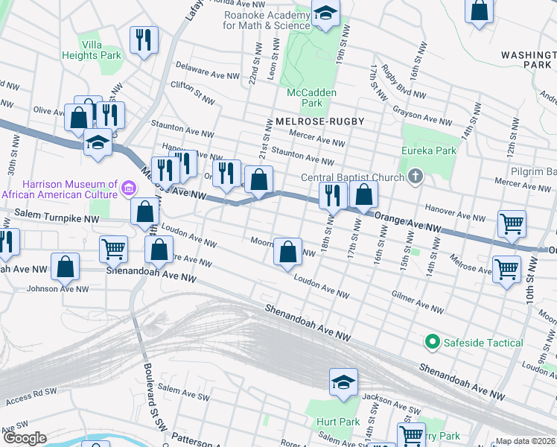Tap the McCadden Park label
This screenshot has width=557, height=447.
click(312, 98)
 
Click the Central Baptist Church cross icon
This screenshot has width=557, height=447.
click(416, 177)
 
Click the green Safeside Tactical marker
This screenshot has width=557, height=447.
click(431, 342)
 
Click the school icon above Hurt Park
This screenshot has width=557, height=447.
click(344, 382)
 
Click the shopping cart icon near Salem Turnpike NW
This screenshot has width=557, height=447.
click(113, 250)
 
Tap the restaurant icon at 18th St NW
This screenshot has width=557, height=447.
click(333, 196)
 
